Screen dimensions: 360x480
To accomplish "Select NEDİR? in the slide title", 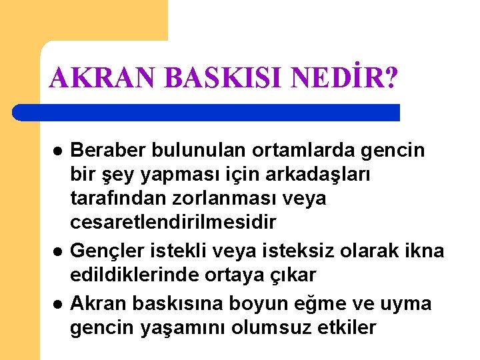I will pos(344,79).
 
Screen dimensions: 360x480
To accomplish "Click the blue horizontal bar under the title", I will pos(207,112).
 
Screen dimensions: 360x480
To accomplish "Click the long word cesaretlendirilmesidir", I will pos(173,221).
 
